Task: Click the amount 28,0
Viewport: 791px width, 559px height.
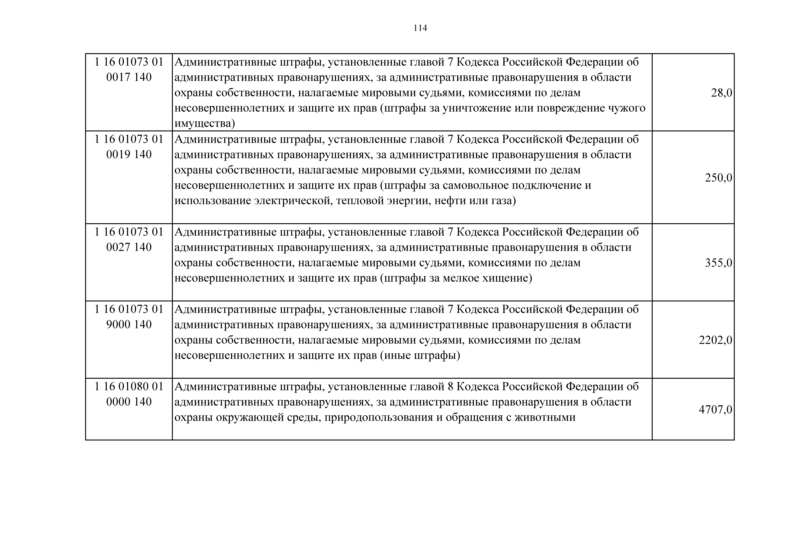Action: [x=721, y=93]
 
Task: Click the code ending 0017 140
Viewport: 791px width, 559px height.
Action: [x=129, y=77]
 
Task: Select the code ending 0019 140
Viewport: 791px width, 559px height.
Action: [x=129, y=154]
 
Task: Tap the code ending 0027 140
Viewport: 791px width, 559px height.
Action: [x=129, y=247]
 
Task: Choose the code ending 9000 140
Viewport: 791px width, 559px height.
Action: [x=129, y=324]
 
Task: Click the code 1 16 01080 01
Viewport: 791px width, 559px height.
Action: [x=129, y=386]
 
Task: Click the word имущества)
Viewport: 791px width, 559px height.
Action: [x=205, y=123]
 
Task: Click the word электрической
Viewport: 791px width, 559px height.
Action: [x=293, y=200]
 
